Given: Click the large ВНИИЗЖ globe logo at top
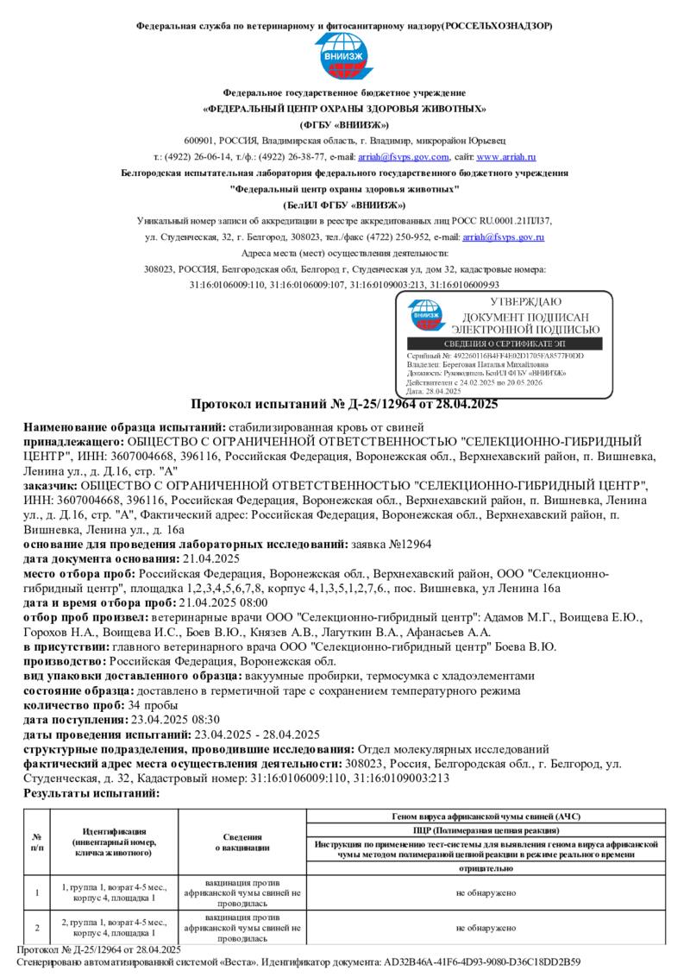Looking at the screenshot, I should pos(344,57).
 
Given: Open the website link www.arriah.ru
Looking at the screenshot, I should pos(506,157).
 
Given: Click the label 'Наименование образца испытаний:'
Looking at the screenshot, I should pos(124,427).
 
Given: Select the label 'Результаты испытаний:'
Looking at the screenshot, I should pos(92,793).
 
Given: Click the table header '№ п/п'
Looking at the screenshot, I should pos(37,842).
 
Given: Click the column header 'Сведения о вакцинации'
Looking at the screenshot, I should pos(243,842).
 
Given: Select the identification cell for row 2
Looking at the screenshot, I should pos(115,928).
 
